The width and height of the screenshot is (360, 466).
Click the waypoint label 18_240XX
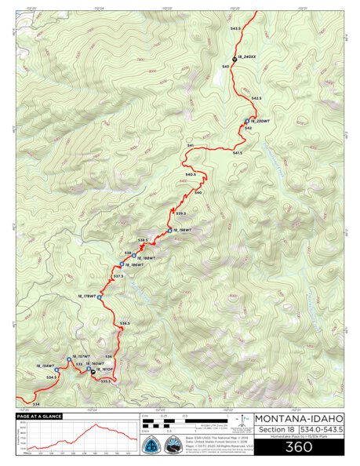pos(247,57)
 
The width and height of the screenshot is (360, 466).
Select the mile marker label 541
pos(190,146)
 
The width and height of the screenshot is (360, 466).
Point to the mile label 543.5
pos(235,27)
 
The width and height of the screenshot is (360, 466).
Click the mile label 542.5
pos(255,98)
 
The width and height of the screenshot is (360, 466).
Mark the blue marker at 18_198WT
pos(169,230)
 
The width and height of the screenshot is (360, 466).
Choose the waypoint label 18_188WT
pos(147,257)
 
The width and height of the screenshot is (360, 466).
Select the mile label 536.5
pos(125,322)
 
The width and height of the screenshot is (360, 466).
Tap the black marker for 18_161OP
pos(93,370)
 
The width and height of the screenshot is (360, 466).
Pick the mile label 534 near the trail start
pos(36,403)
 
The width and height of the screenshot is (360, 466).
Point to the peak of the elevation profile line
pos(96,425)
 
